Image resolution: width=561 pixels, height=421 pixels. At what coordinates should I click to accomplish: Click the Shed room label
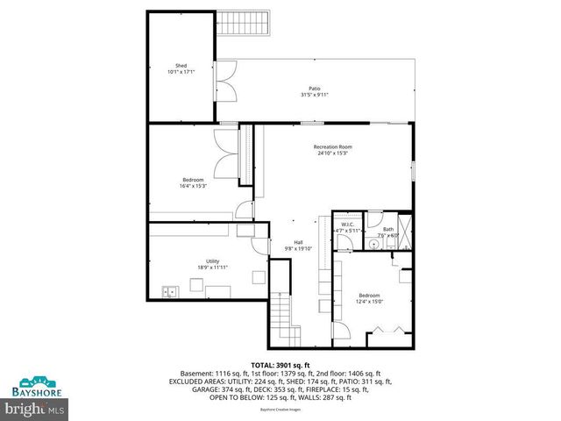tap(181, 68)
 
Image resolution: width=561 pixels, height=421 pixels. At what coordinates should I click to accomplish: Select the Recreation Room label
tap(332, 150)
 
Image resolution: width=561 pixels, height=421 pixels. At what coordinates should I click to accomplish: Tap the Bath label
tap(388, 232)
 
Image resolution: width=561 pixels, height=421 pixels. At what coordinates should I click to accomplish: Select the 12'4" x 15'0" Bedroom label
tap(369, 298)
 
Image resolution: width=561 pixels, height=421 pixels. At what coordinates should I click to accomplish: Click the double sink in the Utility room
tap(168, 291)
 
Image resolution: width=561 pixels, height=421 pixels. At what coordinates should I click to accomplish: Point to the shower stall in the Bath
tap(406, 232)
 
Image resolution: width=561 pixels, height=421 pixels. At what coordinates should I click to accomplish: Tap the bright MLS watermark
tap(36, 408)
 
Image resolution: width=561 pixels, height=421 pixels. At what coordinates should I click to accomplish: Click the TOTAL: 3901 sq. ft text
tap(280, 364)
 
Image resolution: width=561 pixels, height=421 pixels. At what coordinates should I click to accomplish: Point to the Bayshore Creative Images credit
tap(280, 409)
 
